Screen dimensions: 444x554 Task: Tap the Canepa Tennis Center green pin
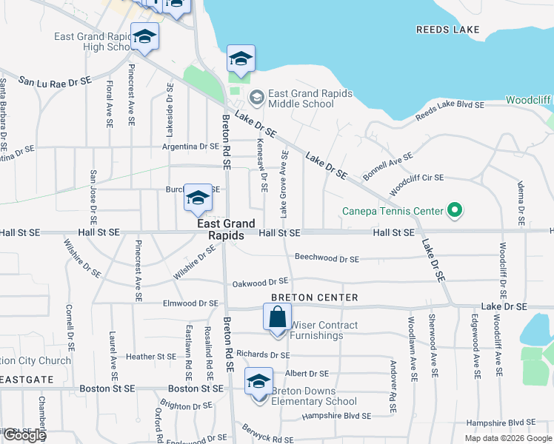click(455, 212)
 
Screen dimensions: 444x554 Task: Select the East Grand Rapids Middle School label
click(301, 98)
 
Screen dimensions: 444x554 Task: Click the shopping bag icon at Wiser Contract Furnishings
click(277, 317)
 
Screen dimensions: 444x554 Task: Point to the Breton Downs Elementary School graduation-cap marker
click(259, 383)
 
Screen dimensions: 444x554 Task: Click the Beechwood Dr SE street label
click(327, 259)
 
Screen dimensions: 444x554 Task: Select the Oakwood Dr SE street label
click(260, 282)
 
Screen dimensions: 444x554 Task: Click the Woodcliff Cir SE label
click(416, 178)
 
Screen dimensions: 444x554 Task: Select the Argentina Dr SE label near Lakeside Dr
click(192, 147)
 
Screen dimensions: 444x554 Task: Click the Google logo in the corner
click(24, 435)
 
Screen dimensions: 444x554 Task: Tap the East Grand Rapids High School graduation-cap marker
click(145, 38)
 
